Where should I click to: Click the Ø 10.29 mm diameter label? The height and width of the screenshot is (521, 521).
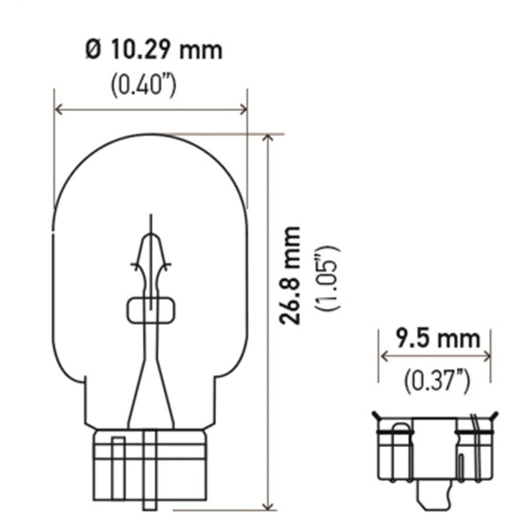coord(153,50)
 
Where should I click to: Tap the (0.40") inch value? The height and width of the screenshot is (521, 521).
coord(143,85)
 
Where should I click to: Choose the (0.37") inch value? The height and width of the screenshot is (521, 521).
coord(436,381)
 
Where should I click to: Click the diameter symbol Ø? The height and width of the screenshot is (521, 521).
coord(92,50)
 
